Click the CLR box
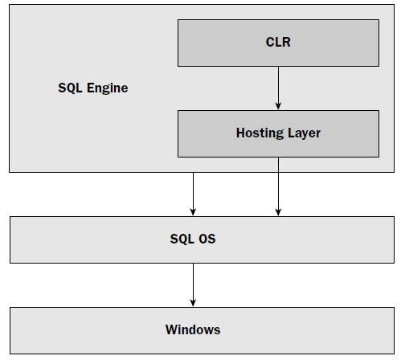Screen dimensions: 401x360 tap(278, 43)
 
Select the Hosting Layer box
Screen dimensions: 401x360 tap(278, 133)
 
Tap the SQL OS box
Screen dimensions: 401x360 tap(202, 239)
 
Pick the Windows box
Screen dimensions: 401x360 tap(202, 330)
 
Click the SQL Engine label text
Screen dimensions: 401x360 tap(93, 88)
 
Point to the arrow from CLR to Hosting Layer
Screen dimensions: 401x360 tap(278, 88)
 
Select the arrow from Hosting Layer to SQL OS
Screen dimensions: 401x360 tap(278, 186)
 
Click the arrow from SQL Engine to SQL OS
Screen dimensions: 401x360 tap(193, 194)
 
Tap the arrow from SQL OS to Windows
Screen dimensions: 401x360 tap(193, 285)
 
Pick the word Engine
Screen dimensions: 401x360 tap(107, 88)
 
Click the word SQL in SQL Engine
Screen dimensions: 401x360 tap(70, 88)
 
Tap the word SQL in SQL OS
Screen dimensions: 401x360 tap(182, 239)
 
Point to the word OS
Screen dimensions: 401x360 tap(207, 239)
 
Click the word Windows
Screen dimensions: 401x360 tap(193, 329)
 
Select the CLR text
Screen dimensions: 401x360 tap(278, 42)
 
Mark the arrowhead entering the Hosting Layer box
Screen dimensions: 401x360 tap(278, 106)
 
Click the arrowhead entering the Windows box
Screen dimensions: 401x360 tap(193, 303)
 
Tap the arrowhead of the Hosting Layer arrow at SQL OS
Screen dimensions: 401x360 tap(278, 212)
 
